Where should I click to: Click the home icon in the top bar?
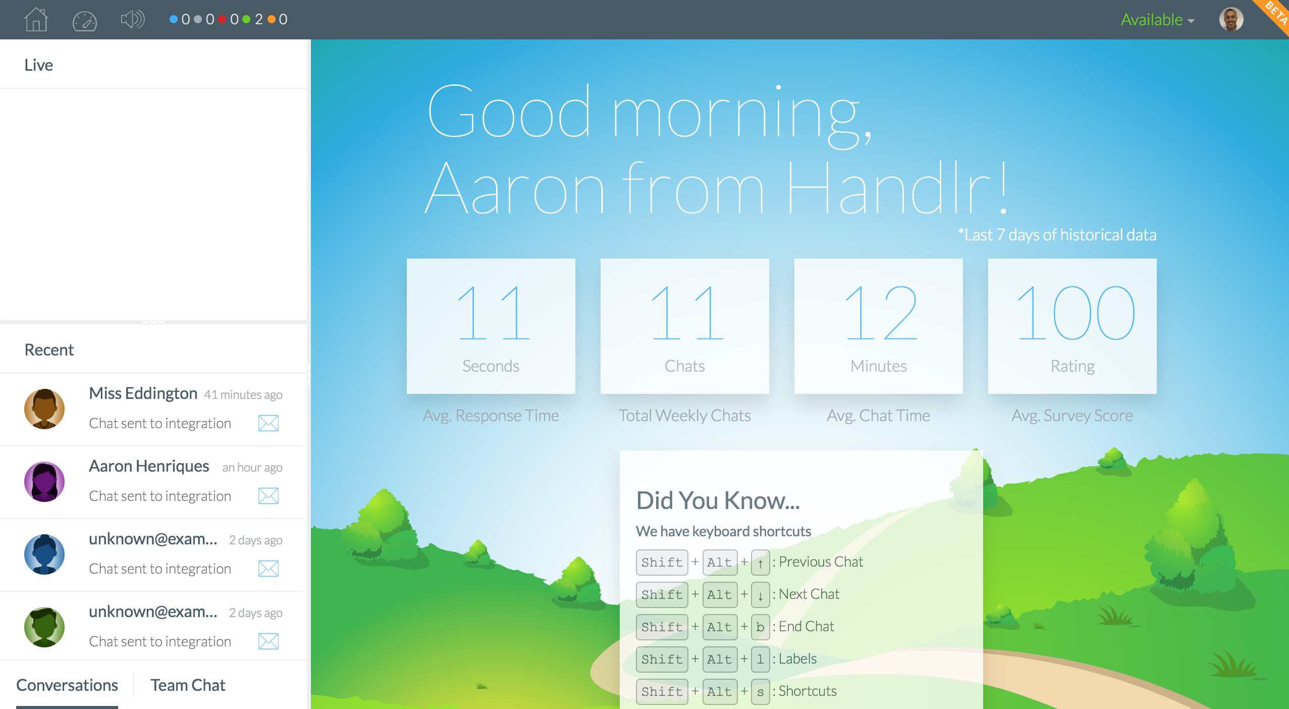coord(36,20)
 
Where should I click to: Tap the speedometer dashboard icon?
coord(84,20)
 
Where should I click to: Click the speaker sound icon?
coord(132,20)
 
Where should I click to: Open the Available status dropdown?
coord(1157,20)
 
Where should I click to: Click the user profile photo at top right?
coord(1231,20)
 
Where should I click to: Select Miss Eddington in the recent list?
coord(143,393)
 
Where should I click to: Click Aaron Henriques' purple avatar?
coord(44,482)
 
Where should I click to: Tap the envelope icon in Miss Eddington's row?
coord(268,423)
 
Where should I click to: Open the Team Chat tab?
coord(188,685)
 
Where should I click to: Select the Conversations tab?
coord(67,685)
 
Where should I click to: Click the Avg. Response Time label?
coord(491,416)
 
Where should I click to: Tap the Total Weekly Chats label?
coord(684,416)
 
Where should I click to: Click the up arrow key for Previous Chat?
coord(760,563)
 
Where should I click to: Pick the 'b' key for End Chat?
coord(760,627)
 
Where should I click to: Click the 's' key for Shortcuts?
coord(760,692)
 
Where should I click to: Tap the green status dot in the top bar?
coord(246,20)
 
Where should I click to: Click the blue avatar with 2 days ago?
coord(44,554)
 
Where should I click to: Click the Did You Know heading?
coord(718,501)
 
